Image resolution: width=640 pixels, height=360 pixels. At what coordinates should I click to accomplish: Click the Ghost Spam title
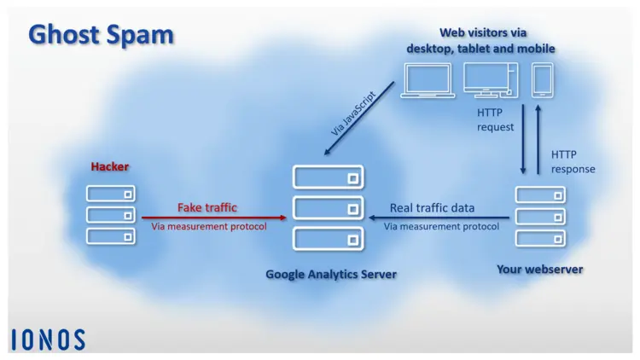[101, 35]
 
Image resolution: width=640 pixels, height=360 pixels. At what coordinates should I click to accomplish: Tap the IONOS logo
[48, 340]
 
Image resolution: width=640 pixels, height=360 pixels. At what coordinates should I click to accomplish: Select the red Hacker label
[110, 166]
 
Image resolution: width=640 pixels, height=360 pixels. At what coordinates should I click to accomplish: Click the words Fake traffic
[207, 207]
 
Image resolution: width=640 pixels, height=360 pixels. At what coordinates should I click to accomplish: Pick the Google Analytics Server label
[331, 274]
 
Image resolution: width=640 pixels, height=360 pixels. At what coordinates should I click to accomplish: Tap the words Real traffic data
[433, 207]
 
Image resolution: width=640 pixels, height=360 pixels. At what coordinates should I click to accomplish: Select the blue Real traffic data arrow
[439, 218]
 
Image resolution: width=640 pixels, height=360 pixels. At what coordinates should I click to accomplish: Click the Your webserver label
[540, 270]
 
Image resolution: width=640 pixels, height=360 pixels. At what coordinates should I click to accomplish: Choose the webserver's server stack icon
[540, 216]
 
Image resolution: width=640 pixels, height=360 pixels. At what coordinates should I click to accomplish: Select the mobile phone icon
[544, 79]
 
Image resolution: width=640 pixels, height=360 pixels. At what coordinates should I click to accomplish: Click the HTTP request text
[495, 119]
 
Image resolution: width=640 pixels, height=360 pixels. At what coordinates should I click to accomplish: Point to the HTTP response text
[573, 161]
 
